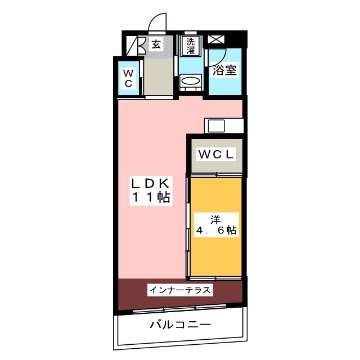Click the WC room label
[x=128, y=78]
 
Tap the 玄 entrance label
[x=156, y=44]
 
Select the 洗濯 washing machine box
[x=191, y=46]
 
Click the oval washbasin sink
[x=191, y=82]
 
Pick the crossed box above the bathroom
[x=216, y=40]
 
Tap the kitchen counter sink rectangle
[x=217, y=125]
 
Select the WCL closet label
[x=215, y=154]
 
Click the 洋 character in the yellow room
[x=215, y=218]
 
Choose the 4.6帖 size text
[x=216, y=231]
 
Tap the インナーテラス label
[x=179, y=290]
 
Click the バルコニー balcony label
[x=180, y=325]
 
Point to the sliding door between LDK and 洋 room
[x=188, y=225]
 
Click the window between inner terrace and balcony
[x=180, y=308]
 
